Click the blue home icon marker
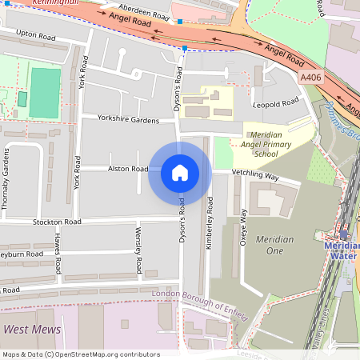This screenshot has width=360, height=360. tap(180, 173)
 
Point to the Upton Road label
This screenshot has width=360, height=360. tap(36, 36)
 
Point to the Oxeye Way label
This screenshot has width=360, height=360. tap(243, 229)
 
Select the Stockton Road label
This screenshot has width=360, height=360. tap(57, 221)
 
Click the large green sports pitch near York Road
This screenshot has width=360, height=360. tap(45, 92)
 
